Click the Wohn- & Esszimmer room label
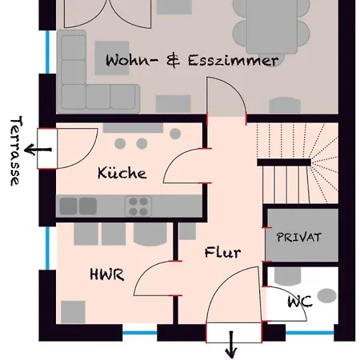point(192,60)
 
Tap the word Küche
point(122,173)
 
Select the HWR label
point(106,274)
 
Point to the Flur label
point(222,253)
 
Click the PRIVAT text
point(298,238)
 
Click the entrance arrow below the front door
point(233,345)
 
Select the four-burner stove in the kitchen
point(138,204)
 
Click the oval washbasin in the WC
point(326,295)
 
